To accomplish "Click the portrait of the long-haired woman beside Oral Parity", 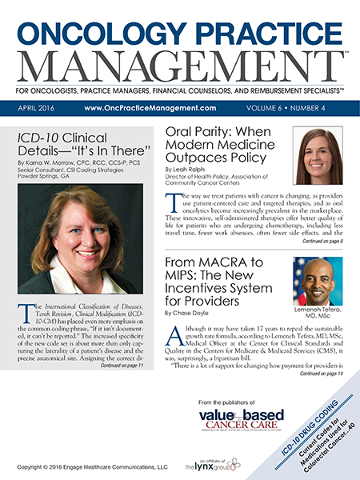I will (x=319, y=156).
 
